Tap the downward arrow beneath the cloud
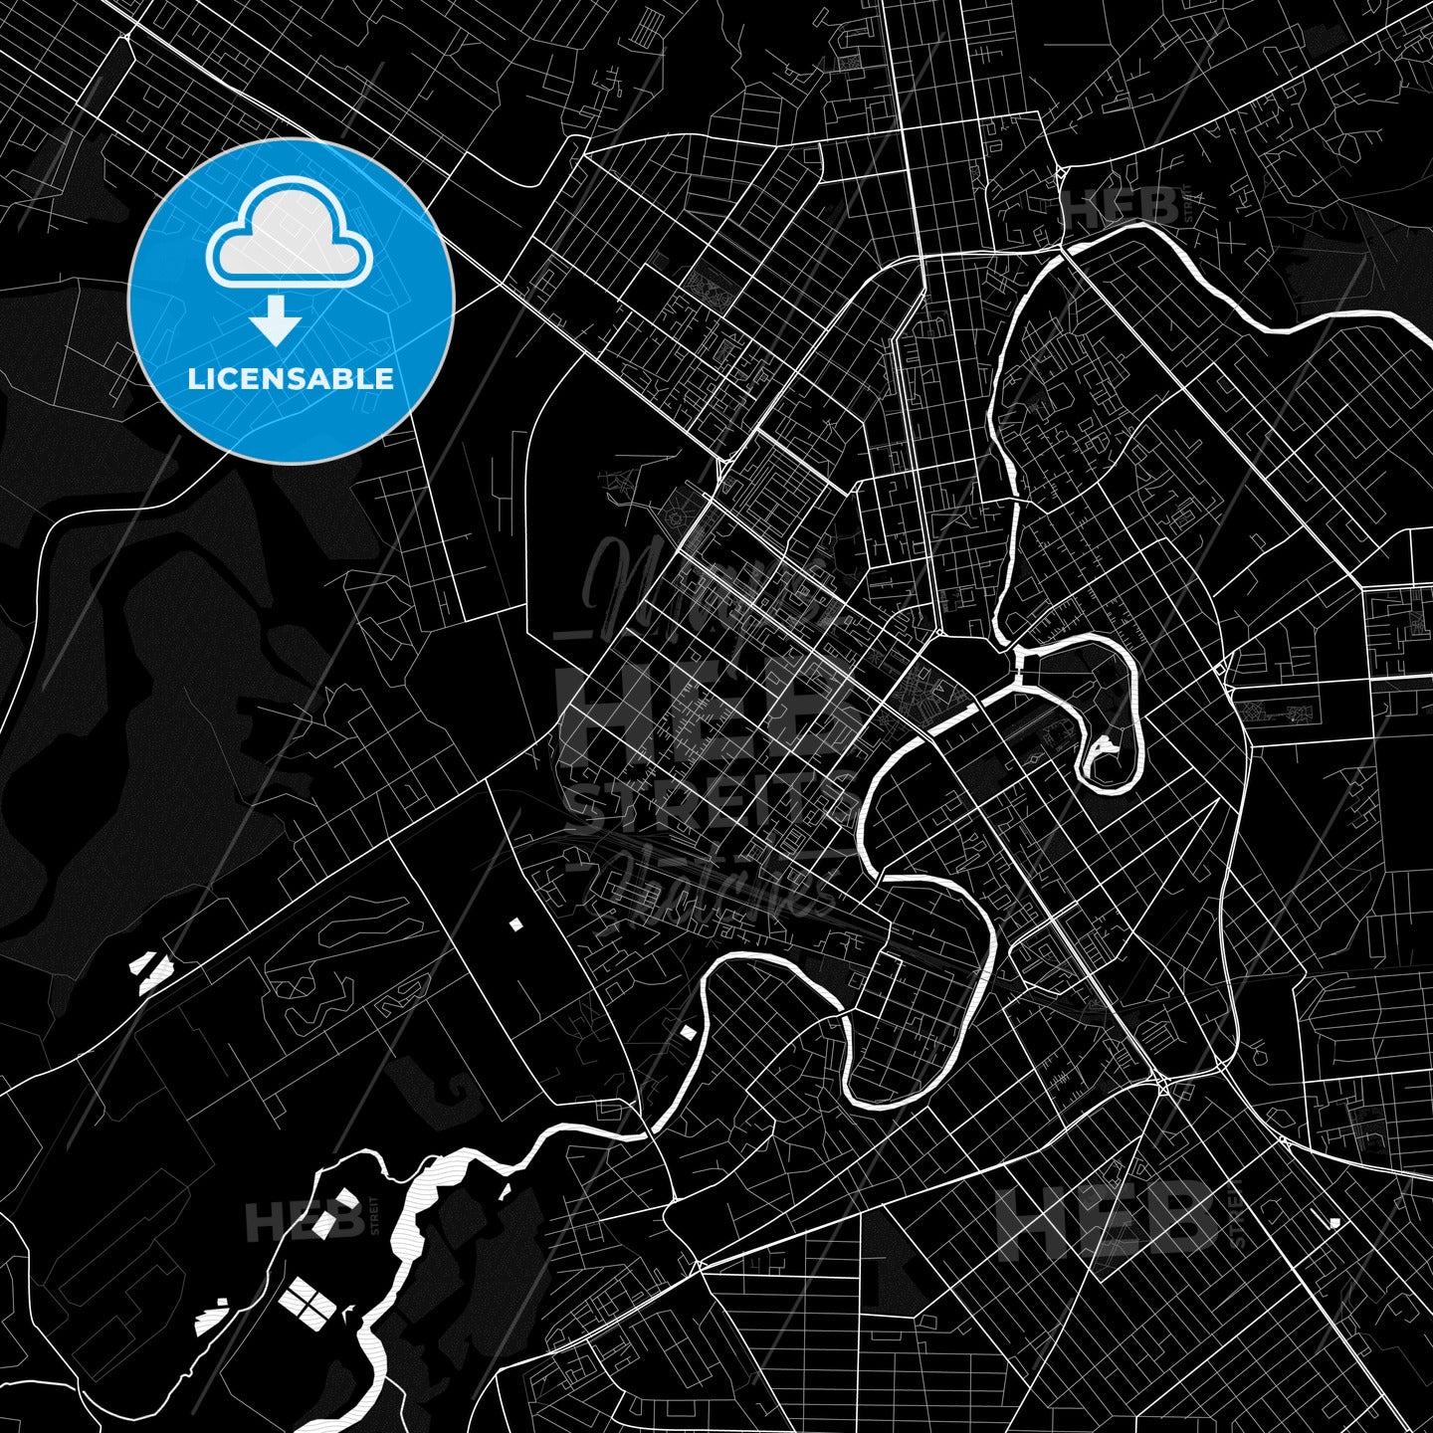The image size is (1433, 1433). pos(276,322)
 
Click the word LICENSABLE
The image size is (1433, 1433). pos(291,379)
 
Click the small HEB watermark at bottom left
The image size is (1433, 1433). pos(304,1222)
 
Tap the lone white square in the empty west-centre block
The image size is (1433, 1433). pos(515,924)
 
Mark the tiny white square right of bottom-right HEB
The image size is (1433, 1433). pos(1334,1222)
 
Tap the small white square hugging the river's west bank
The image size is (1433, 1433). pos(687,1033)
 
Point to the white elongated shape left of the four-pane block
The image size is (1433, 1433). pos(211,1320)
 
